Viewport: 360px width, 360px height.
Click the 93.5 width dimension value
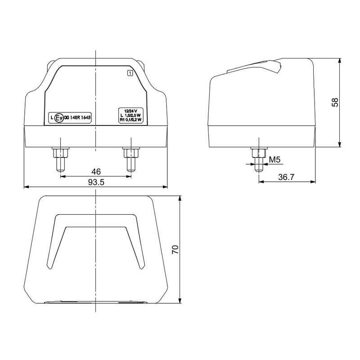pos(96,182)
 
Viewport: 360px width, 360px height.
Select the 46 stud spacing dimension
pos(96,171)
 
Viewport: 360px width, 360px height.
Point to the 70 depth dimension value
pos(175,250)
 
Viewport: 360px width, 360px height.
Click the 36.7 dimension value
pos(286,177)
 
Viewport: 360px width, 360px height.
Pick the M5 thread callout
pos(275,159)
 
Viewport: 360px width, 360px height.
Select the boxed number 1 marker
pos(130,73)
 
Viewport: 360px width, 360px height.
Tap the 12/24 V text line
pos(130,111)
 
